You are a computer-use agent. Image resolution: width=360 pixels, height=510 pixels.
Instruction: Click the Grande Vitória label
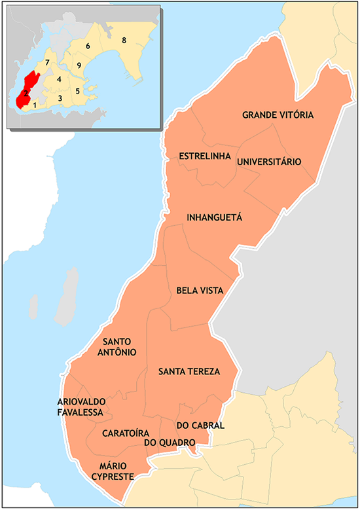[278, 115]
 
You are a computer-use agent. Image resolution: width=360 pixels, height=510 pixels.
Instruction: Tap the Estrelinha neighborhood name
[204, 156]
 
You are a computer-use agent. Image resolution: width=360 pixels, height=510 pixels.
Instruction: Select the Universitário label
[268, 162]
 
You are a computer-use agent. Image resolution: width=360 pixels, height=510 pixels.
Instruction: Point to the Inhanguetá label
[214, 217]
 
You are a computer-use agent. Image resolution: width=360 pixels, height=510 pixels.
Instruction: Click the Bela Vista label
[200, 290]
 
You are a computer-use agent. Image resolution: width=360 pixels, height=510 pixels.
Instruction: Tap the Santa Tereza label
[189, 371]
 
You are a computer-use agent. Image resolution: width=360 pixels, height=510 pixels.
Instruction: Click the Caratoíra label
[126, 433]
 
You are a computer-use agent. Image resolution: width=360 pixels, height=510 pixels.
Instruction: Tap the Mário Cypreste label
[112, 471]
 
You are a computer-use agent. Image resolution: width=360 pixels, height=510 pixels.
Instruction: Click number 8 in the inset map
[123, 40]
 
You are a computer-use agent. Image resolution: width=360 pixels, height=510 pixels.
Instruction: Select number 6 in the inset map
[88, 46]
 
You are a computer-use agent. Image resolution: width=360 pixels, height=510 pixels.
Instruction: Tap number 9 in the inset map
[78, 65]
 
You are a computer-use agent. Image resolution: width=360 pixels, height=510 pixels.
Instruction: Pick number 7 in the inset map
[47, 62]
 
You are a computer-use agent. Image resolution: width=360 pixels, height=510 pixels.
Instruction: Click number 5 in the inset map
[77, 92]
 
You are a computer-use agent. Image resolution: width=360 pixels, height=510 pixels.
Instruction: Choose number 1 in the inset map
[34, 105]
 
